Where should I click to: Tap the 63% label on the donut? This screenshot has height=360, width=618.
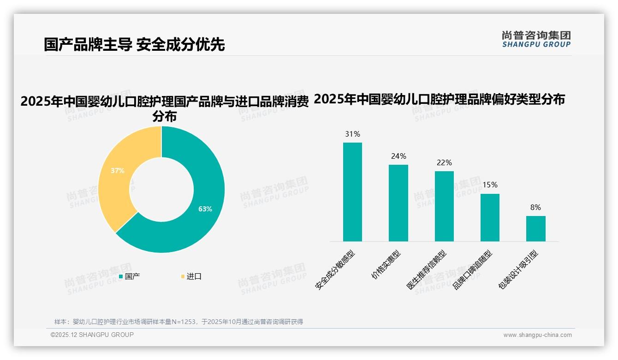point(205,209)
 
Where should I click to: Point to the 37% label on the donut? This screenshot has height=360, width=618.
point(118,171)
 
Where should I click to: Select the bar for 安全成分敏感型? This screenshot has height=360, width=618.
point(352,192)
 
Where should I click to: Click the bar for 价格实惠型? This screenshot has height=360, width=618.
point(398,203)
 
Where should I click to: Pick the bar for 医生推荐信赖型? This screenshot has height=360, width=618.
point(444,206)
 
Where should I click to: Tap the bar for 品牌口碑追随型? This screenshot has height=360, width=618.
point(490,217)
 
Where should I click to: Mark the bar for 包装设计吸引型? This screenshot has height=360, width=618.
point(535,228)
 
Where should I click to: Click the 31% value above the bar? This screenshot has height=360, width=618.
point(352,134)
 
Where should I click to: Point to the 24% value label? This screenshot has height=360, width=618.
point(398,156)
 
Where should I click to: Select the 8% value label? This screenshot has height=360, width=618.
point(535,208)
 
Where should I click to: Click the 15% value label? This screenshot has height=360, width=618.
point(490,185)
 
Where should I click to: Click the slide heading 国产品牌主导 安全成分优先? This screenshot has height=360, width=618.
point(134,45)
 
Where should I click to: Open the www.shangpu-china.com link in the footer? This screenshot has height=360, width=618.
point(537,335)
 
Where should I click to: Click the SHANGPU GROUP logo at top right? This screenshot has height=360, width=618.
point(536,39)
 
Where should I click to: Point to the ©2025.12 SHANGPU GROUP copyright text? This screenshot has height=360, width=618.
point(92,335)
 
